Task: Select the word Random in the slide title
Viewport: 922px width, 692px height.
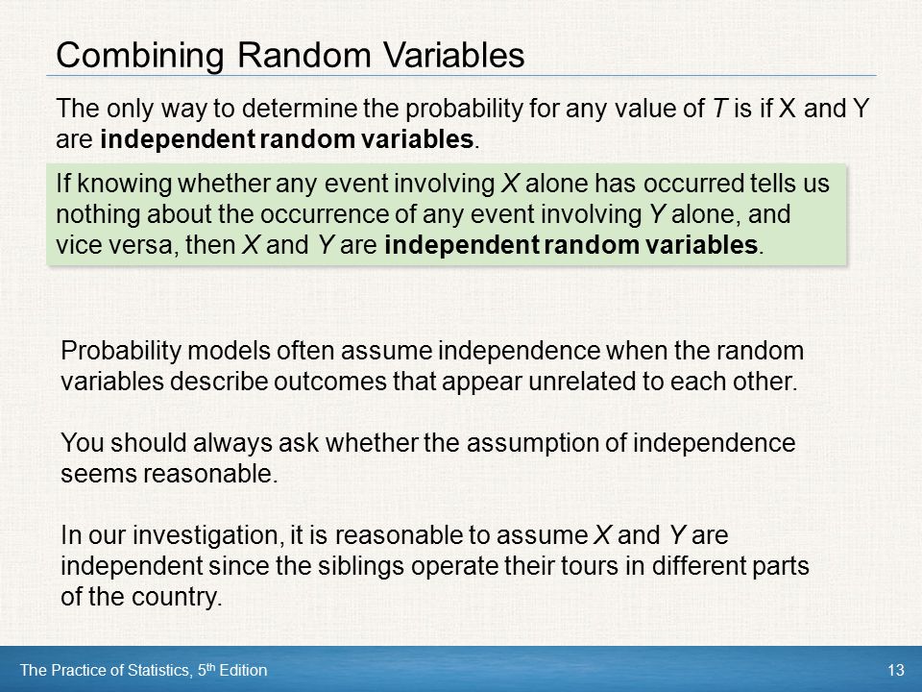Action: (x=304, y=56)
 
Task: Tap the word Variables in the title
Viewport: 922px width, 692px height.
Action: (x=454, y=56)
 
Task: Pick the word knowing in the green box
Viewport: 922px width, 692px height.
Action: (x=125, y=185)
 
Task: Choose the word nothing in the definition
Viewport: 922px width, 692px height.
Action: (x=98, y=214)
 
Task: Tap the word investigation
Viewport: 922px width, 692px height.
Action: (x=204, y=535)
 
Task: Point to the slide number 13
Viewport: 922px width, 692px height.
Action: (x=895, y=670)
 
